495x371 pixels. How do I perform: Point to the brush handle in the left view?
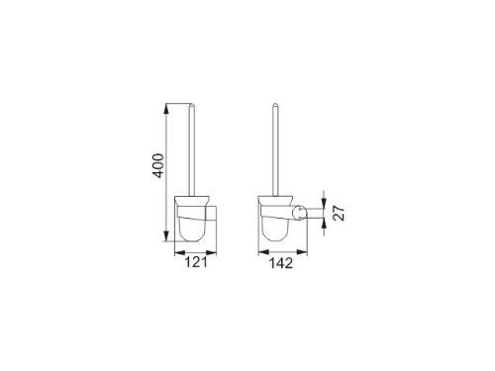[192, 148]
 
